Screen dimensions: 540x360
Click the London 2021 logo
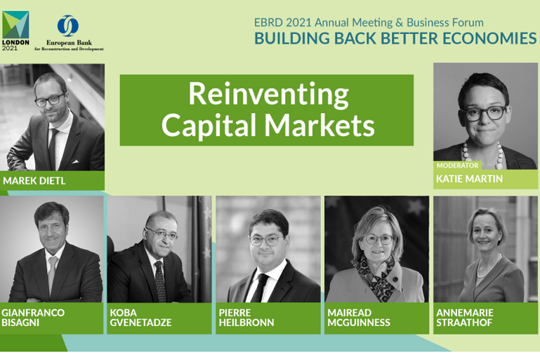tap(15, 31)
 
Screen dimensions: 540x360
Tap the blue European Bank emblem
tap(68, 26)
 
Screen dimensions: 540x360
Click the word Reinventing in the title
tap(269, 94)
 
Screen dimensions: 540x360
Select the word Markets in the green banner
tap(319, 125)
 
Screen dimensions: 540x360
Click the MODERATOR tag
tap(457, 165)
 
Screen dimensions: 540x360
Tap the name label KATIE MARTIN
tap(469, 179)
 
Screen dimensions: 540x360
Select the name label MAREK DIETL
tap(34, 181)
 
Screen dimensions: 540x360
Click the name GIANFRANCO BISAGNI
tap(33, 318)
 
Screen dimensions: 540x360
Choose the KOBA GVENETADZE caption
tap(141, 318)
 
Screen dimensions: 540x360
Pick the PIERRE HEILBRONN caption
tap(246, 318)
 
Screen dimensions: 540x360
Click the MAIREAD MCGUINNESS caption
tap(359, 318)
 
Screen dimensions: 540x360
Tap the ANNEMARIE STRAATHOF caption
tap(465, 318)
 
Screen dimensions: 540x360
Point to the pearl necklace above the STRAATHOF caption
tap(489, 266)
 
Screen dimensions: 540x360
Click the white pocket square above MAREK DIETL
tap(75, 161)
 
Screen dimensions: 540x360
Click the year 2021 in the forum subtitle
tap(298, 22)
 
